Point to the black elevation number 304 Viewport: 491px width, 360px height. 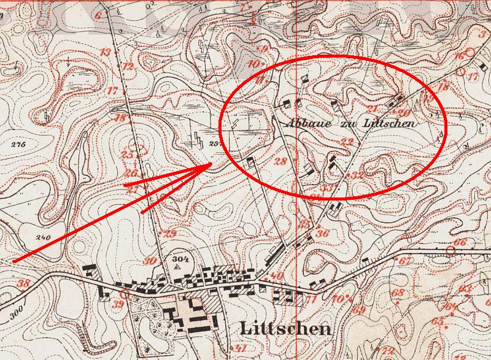(x=179, y=258)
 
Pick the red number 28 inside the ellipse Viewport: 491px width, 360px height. (x=280, y=162)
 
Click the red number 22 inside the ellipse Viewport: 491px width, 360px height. (x=347, y=142)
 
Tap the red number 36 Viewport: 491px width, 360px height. (x=323, y=233)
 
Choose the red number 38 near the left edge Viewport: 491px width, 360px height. (x=24, y=283)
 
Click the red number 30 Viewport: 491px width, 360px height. (x=150, y=261)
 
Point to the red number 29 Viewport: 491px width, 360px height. (x=170, y=234)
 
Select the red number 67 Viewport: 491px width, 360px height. (x=404, y=261)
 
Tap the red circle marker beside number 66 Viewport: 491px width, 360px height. (x=450, y=250)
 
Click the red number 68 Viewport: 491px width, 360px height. (x=398, y=293)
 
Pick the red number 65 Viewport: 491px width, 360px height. (x=437, y=321)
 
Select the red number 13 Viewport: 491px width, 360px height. (x=105, y=52)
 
